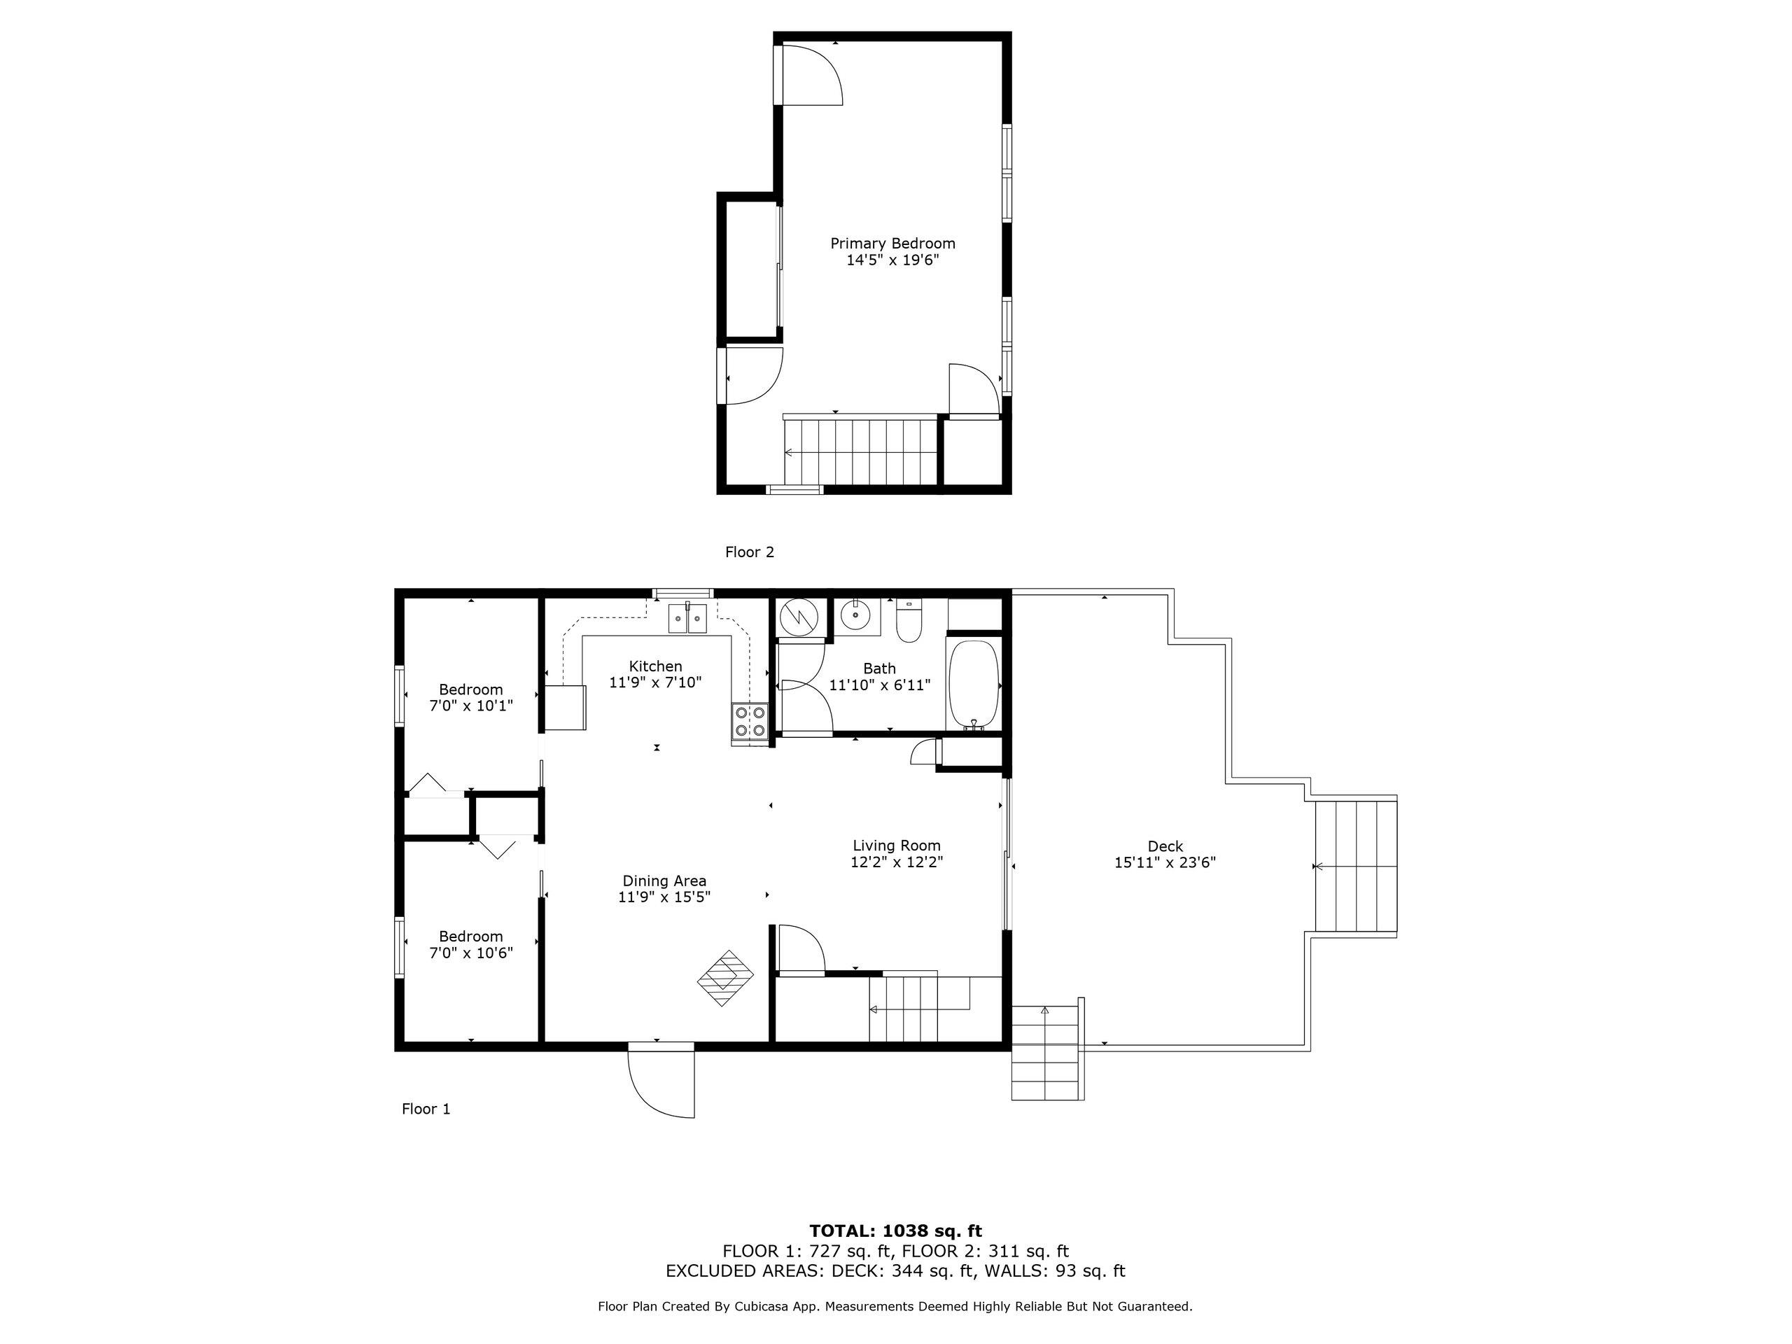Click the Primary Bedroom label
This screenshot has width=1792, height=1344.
coord(892,243)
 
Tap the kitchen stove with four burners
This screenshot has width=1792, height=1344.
coord(750,722)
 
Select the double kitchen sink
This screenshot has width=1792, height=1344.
coord(687,618)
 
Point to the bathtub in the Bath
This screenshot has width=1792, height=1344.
coord(973,685)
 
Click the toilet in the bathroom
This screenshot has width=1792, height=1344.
coord(909,621)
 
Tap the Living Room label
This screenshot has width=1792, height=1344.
coord(897,846)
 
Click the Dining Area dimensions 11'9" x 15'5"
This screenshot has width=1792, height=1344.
coord(664,897)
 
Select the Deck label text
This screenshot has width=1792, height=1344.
coord(1165,846)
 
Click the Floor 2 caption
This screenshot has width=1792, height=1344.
coord(750,552)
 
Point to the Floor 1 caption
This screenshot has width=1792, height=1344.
coord(426,1109)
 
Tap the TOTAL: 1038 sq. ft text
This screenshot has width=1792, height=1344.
coord(895,1231)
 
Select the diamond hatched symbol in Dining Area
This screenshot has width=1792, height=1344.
coord(725,978)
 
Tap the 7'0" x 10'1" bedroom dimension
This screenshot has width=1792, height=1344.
coord(470,706)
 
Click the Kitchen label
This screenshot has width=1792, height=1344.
coord(655,666)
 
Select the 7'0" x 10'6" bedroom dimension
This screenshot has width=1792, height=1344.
coord(470,953)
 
